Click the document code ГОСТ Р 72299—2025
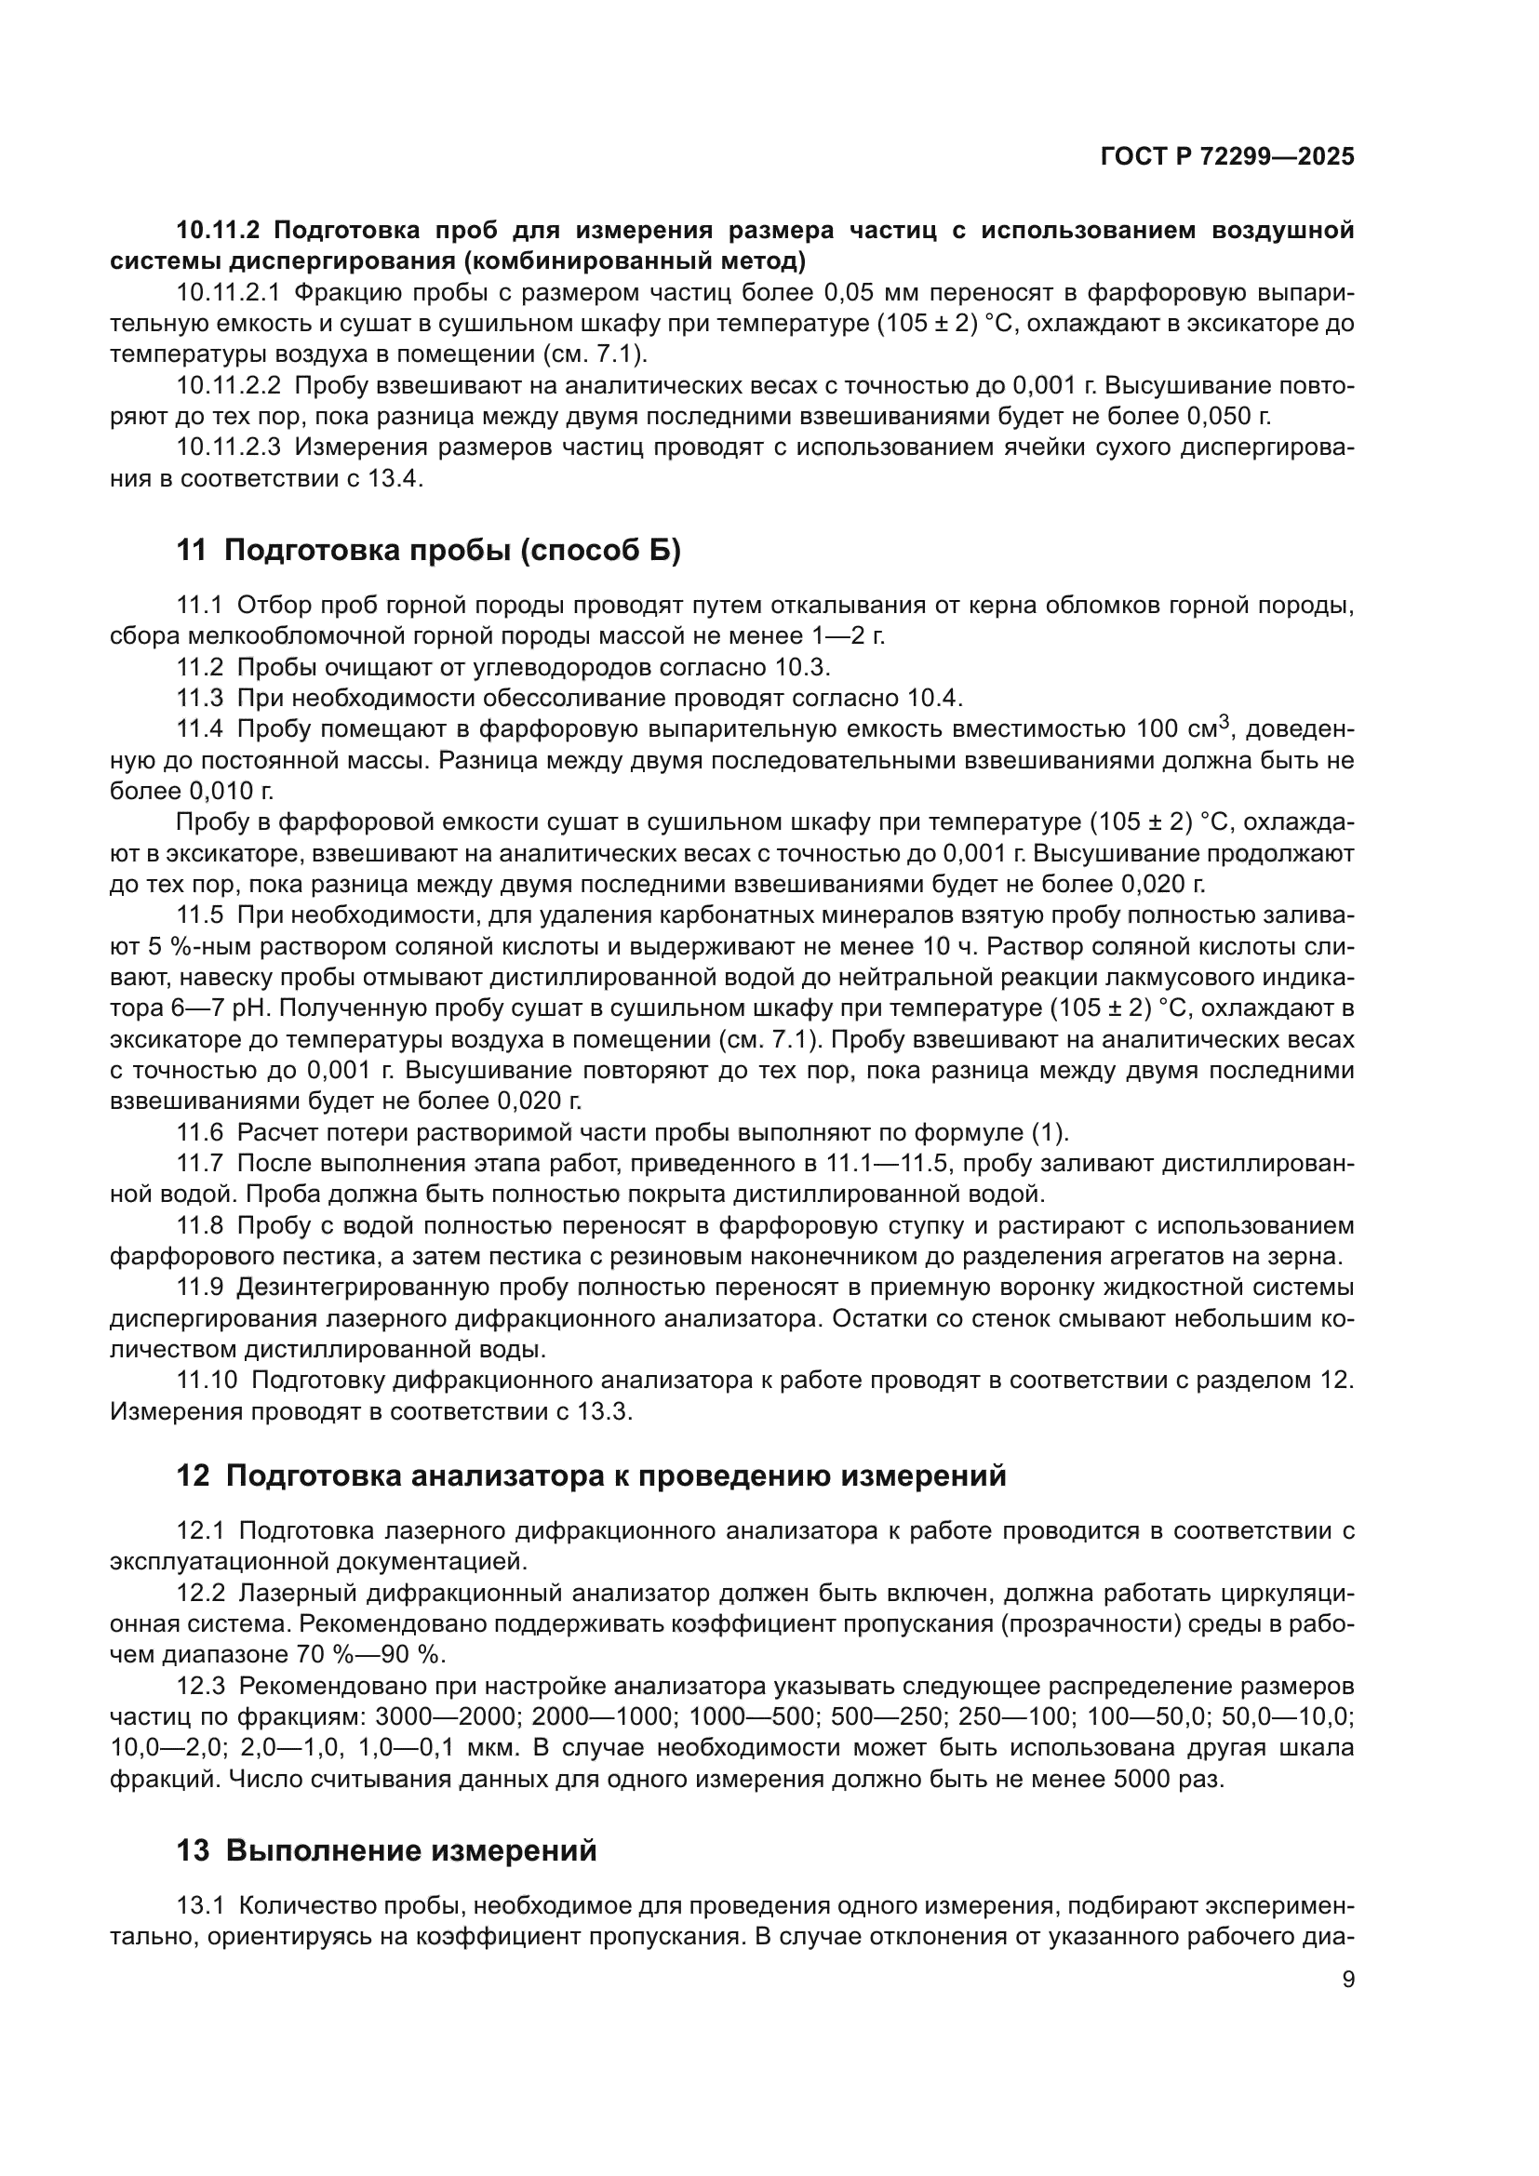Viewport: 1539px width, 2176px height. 1226,157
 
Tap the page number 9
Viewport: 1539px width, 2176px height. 1347,1981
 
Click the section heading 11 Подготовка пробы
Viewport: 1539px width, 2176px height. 428,551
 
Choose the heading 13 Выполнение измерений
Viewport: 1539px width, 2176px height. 387,1850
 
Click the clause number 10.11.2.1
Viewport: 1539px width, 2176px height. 228,293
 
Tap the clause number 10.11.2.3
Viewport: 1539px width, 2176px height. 228,447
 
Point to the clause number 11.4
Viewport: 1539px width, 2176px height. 200,728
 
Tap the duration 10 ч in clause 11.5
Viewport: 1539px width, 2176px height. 942,947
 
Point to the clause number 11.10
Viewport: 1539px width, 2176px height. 207,1381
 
